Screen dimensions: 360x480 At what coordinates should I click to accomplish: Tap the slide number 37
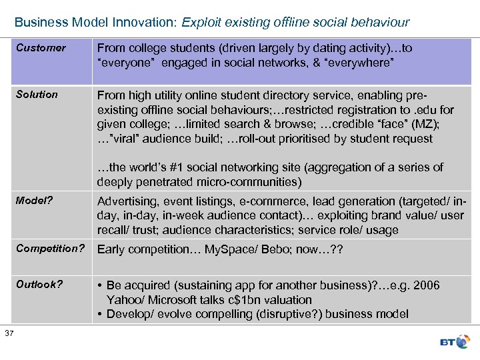pyautogui.click(x=8, y=333)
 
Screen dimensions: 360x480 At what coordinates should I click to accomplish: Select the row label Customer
pyautogui.click(x=41, y=48)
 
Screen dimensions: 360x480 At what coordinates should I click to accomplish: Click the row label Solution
pyautogui.click(x=37, y=95)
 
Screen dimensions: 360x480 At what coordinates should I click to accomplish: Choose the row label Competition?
pyautogui.click(x=50, y=249)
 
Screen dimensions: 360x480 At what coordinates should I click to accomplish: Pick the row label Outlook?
pyautogui.click(x=39, y=285)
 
